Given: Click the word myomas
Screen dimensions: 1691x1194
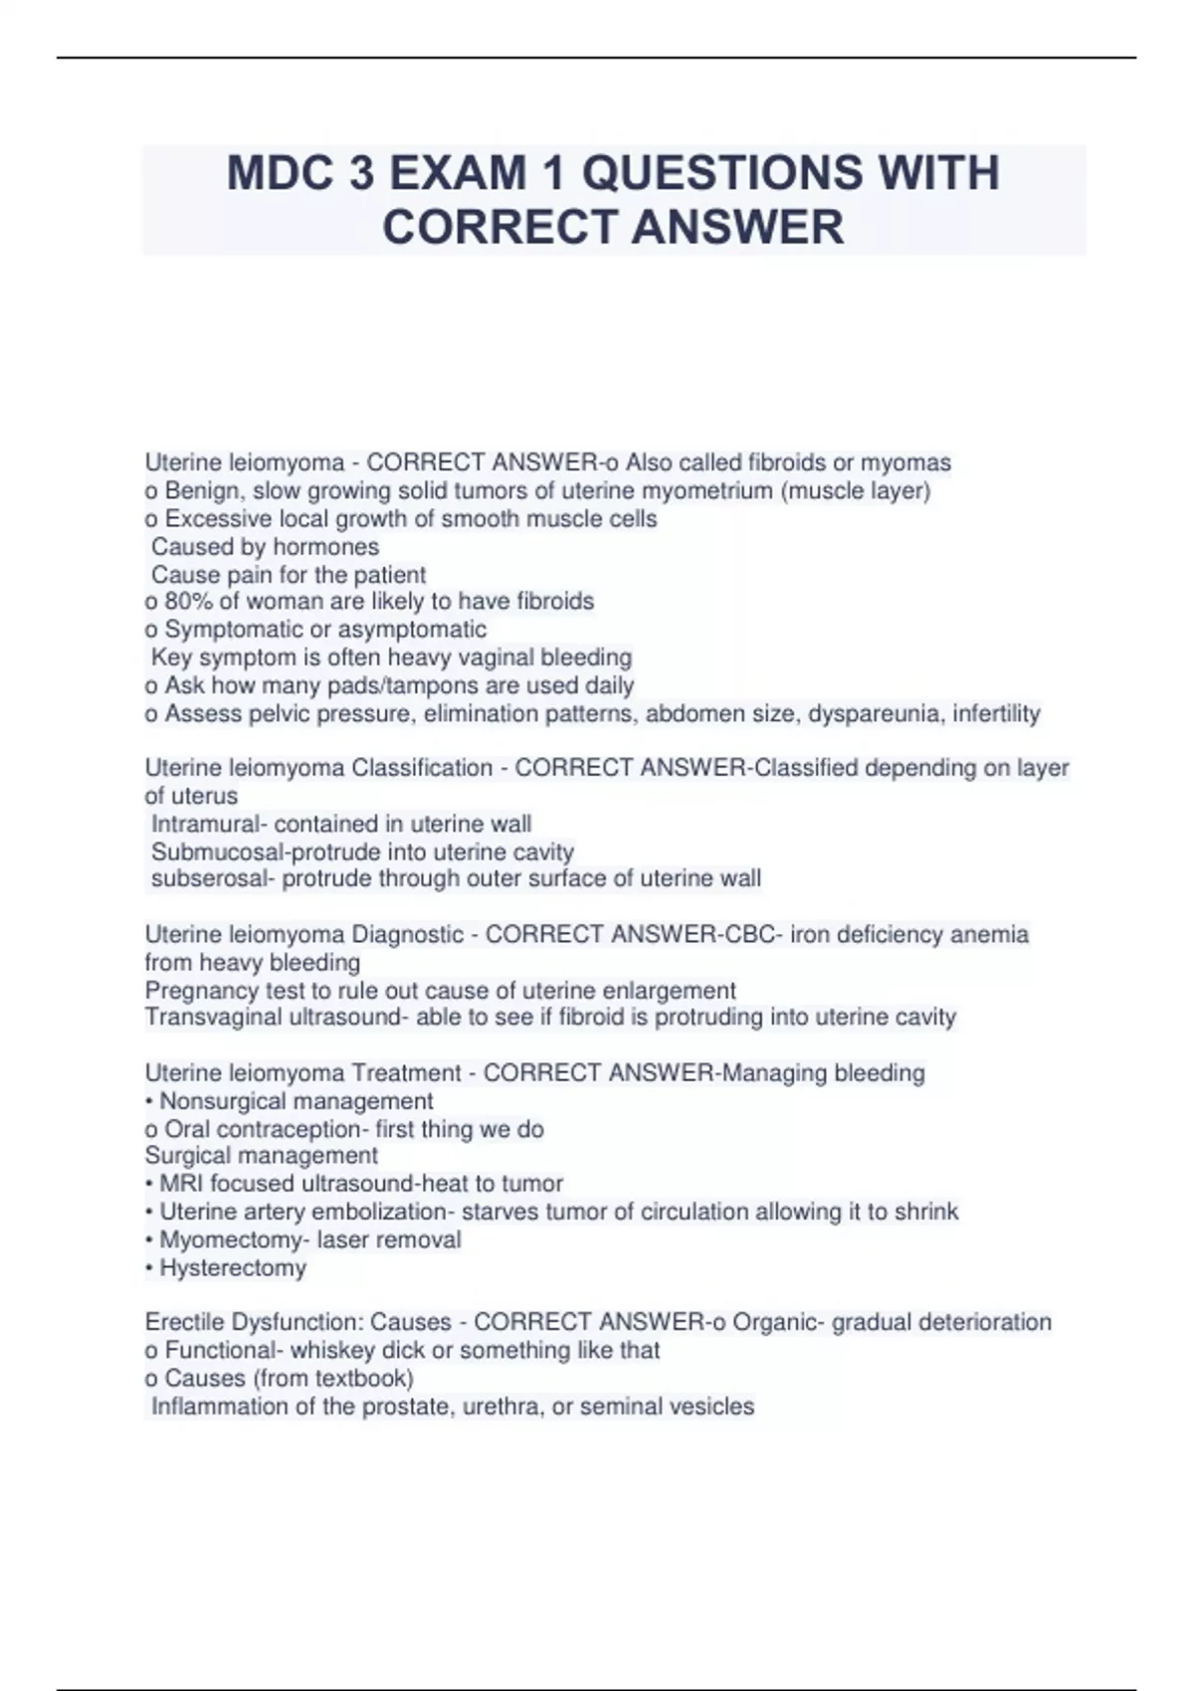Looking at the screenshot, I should click(x=905, y=463).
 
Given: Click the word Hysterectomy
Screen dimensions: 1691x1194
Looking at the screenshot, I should click(x=233, y=1268).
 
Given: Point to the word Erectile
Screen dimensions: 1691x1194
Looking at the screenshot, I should click(x=184, y=1322).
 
